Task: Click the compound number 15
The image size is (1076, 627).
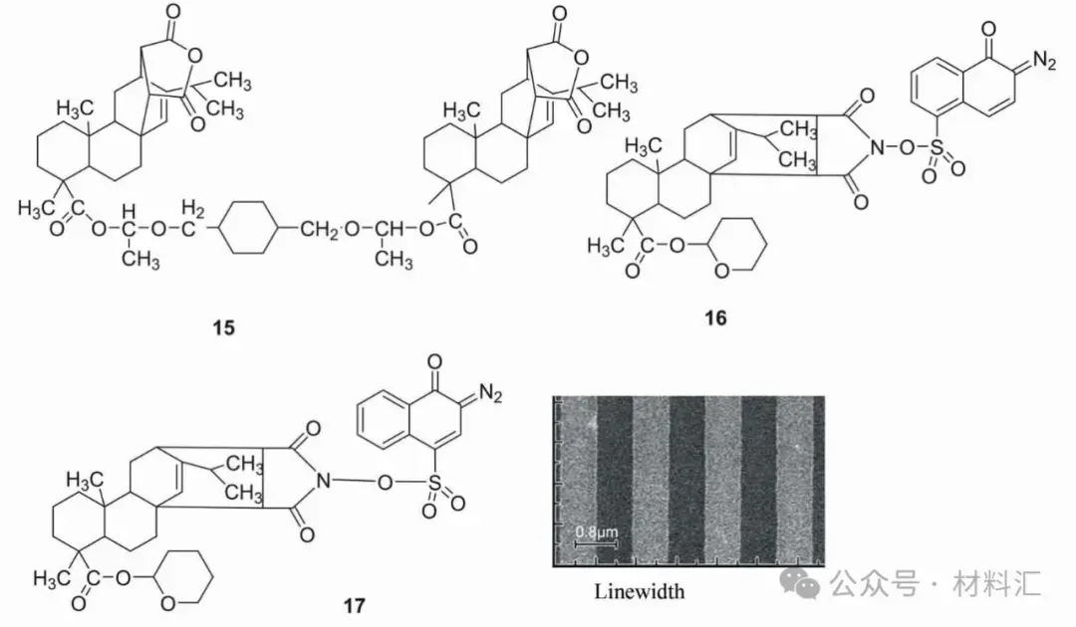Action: (x=224, y=326)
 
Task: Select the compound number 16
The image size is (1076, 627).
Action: (x=714, y=317)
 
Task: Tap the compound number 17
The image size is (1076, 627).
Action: (x=354, y=603)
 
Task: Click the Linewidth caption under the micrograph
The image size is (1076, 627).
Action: (x=640, y=591)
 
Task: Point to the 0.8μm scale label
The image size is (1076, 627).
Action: (x=597, y=532)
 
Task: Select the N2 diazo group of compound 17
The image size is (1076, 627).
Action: (x=490, y=398)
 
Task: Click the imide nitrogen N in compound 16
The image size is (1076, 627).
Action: (x=878, y=148)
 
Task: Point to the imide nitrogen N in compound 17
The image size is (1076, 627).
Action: (x=321, y=482)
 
